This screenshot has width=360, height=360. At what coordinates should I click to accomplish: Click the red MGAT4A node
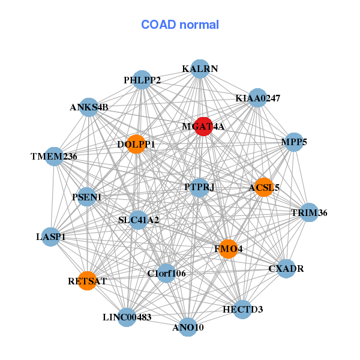click(203, 127)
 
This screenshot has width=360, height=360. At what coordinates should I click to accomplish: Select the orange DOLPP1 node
click(136, 144)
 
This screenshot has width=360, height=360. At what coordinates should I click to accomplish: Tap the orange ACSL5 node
click(263, 187)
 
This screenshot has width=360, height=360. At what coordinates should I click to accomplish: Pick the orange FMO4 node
click(228, 248)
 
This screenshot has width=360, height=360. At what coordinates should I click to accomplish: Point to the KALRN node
click(200, 69)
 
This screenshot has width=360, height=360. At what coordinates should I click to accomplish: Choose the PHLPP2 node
click(142, 80)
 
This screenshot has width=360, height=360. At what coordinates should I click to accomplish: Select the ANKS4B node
click(89, 107)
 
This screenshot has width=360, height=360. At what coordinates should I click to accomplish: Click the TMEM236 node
click(55, 157)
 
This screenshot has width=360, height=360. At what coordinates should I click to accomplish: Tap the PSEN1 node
click(87, 197)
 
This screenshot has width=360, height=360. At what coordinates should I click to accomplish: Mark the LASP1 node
click(51, 237)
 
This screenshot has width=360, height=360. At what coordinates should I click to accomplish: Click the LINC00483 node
click(127, 317)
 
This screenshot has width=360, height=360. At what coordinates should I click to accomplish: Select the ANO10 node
click(188, 327)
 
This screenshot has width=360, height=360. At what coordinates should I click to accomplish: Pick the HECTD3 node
click(242, 309)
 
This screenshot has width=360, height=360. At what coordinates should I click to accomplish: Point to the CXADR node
click(286, 268)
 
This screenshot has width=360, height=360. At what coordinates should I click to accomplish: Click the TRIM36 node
click(309, 212)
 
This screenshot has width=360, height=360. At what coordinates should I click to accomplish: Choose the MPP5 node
click(293, 142)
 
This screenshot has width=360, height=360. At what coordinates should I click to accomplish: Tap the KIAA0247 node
click(257, 98)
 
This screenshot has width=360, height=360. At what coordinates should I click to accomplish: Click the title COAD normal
click(180, 25)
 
